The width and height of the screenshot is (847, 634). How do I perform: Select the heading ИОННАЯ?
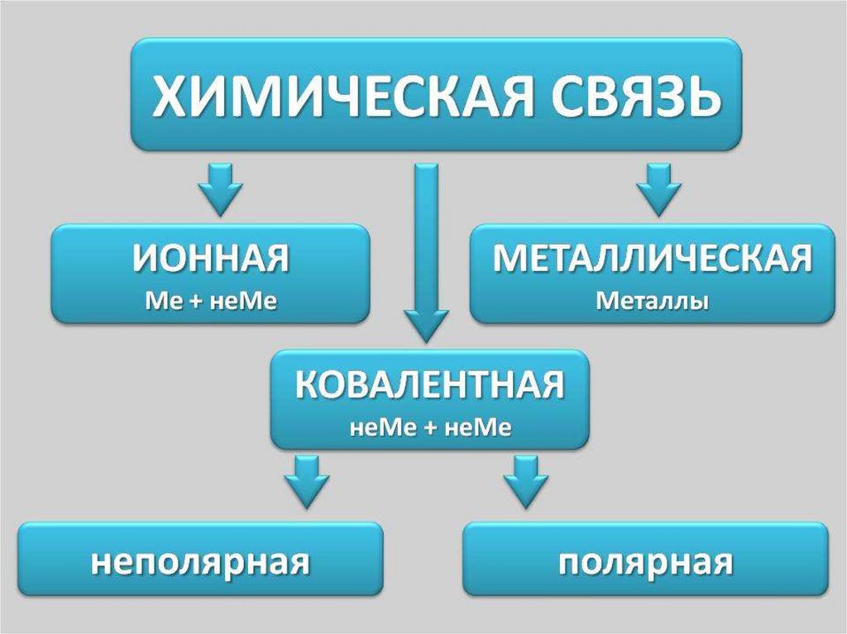(211, 259)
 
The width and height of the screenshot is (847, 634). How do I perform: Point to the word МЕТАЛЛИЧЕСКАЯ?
(653, 259)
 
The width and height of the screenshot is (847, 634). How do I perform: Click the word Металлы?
(653, 301)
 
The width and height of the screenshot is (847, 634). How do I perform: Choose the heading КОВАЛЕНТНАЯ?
(430, 385)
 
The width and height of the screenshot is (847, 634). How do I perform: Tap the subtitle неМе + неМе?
(430, 427)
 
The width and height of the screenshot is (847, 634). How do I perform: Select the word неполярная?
(200, 563)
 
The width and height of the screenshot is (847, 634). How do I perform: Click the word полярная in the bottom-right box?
(645, 563)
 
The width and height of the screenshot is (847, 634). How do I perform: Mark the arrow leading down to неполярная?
(307, 481)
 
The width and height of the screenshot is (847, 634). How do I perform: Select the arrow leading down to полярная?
(526, 481)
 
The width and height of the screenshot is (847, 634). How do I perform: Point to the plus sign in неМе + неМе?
(430, 428)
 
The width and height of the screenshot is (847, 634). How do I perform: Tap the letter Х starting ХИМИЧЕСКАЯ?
(170, 95)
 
